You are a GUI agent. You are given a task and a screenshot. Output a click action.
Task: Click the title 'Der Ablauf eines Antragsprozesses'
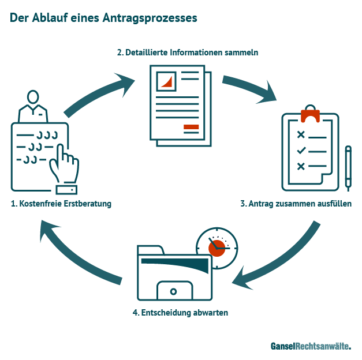104,18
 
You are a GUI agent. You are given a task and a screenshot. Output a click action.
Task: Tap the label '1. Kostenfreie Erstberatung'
61,204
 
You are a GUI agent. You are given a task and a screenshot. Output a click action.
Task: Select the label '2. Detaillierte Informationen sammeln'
188,52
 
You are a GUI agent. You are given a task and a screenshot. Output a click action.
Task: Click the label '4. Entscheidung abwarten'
181,313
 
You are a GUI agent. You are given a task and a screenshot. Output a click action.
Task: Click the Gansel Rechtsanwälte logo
311,346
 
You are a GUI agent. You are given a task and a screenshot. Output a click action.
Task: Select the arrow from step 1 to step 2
98,95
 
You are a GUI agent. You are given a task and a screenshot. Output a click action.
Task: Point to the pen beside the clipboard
348,167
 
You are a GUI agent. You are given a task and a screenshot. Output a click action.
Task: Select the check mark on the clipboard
301,151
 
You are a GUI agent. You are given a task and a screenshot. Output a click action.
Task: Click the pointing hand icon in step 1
64,167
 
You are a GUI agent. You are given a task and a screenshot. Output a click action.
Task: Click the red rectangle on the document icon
191,127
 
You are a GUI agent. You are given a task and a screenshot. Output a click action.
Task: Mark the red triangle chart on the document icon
167,81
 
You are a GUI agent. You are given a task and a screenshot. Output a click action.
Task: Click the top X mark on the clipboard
300,134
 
